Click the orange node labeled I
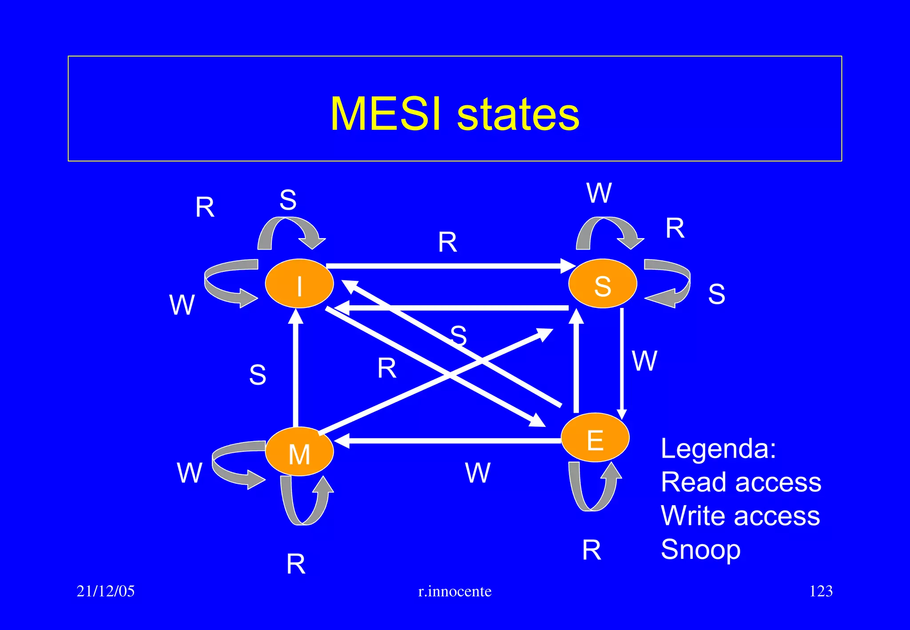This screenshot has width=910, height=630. coord(299,283)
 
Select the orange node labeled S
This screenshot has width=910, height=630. coord(603,283)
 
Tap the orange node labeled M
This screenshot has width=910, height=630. coord(299,452)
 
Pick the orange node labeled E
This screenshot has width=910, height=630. coord(595,438)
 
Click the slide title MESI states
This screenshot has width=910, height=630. coord(455,114)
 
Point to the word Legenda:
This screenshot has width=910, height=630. coord(718,448)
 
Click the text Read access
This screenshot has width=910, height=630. coord(741,482)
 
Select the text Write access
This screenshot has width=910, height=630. coord(740,516)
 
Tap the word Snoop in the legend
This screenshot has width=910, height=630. coord(700,550)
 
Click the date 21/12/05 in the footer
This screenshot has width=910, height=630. coord(105,591)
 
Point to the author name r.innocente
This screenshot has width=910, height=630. coord(455,591)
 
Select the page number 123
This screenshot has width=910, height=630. coord(821,591)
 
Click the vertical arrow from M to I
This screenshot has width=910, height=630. coord(295,369)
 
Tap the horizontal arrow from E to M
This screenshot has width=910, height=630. coord(449,441)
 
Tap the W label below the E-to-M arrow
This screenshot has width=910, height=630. coord(478,472)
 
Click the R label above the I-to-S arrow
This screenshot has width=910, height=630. coord(447,243)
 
